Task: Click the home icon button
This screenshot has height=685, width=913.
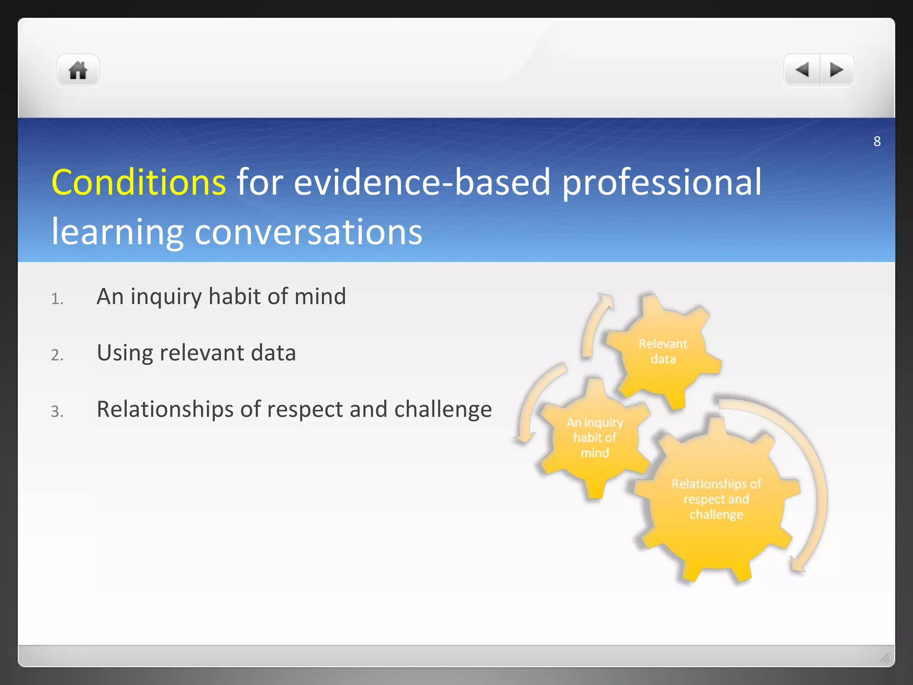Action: click(78, 70)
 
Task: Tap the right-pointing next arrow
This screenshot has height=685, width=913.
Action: click(836, 70)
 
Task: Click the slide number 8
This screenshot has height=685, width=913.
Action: click(877, 141)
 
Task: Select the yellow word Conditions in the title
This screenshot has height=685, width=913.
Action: click(139, 182)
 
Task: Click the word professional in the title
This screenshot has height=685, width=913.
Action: click(662, 182)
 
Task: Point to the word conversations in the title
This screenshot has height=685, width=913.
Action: click(308, 232)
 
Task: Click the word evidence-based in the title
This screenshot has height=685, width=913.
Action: click(422, 182)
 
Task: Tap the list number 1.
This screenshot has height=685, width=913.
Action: click(57, 299)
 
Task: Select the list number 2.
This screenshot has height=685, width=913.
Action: click(57, 355)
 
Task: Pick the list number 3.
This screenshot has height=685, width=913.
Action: click(57, 411)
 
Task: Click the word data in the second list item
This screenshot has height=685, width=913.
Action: click(273, 353)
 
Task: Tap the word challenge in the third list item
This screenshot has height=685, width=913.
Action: click(443, 409)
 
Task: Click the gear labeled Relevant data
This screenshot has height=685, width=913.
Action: click(663, 351)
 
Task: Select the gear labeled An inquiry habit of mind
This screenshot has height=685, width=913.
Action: click(595, 437)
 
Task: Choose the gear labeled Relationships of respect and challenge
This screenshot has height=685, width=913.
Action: click(716, 499)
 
